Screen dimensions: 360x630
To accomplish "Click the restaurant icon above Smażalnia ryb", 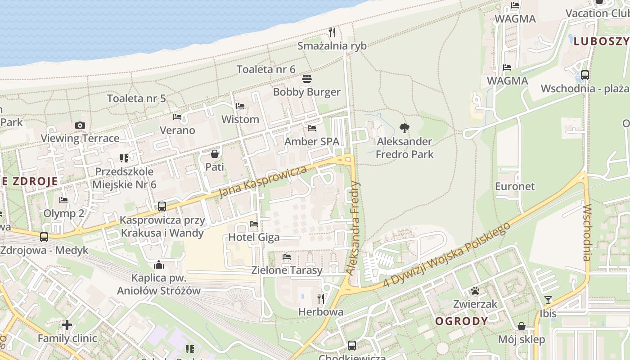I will coord(332,32).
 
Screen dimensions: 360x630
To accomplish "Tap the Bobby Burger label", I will coord(307,92).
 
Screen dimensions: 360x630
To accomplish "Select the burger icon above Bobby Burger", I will coord(307,79).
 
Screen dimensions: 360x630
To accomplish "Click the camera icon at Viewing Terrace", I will coord(80,126).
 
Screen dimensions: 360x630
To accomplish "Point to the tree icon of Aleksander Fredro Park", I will coord(405,128).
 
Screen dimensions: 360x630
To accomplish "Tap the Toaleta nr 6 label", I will coord(266,69).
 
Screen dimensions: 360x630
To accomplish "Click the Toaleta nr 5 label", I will coord(136,99).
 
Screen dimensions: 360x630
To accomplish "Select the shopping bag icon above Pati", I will coord(215,154).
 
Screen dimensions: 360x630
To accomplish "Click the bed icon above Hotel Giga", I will coord(254,224).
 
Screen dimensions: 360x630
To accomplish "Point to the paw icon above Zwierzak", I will coord(475,291).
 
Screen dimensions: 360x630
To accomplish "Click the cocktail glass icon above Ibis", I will coord(548,300).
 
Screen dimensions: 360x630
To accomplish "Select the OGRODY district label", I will coord(461,321).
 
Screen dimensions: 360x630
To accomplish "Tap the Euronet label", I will coord(515,186).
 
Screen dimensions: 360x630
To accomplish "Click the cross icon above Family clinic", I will coord(67,324).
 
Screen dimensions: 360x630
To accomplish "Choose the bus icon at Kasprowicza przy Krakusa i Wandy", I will coord(162,207).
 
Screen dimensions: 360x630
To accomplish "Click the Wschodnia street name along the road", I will coord(587,233).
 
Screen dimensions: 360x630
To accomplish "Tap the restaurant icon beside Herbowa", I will coord(321,298).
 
